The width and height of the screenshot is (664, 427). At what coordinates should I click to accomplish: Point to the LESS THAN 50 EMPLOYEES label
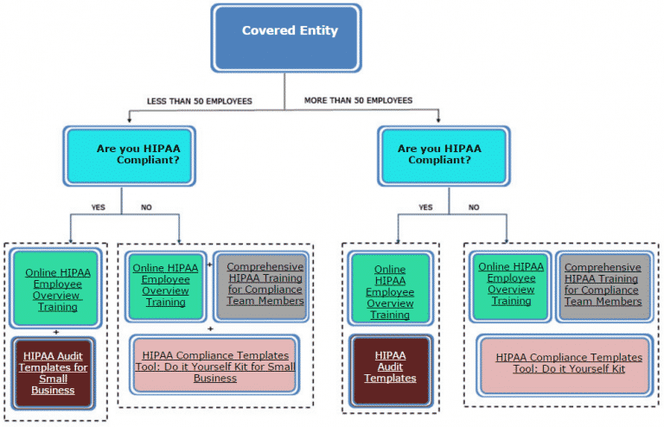(199, 101)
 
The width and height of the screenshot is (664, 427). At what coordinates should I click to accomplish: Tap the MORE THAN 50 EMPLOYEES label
(358, 100)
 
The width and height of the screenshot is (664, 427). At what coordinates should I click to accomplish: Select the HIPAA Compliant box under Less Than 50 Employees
(130, 155)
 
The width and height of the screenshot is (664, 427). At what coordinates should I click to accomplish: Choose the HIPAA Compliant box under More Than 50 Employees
(444, 155)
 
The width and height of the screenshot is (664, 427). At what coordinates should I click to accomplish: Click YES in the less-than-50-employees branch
(99, 207)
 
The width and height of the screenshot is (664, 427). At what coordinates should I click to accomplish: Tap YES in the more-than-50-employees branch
(425, 207)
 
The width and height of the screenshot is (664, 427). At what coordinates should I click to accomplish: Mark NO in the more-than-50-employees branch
(474, 207)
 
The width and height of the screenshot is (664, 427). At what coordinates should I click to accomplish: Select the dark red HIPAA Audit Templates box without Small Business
(390, 367)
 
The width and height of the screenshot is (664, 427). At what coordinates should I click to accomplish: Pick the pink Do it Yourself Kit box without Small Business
(569, 363)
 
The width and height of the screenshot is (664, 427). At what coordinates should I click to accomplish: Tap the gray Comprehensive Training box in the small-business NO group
(265, 284)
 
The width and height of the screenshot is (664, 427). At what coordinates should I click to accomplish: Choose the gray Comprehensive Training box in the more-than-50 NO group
(603, 284)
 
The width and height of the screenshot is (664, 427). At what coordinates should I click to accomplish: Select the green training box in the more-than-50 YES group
(390, 291)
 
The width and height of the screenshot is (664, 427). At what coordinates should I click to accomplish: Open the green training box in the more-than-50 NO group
(511, 284)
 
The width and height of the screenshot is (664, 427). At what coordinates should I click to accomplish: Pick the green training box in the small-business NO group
(165, 284)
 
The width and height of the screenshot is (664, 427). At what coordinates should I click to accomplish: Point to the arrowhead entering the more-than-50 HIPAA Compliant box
(438, 120)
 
